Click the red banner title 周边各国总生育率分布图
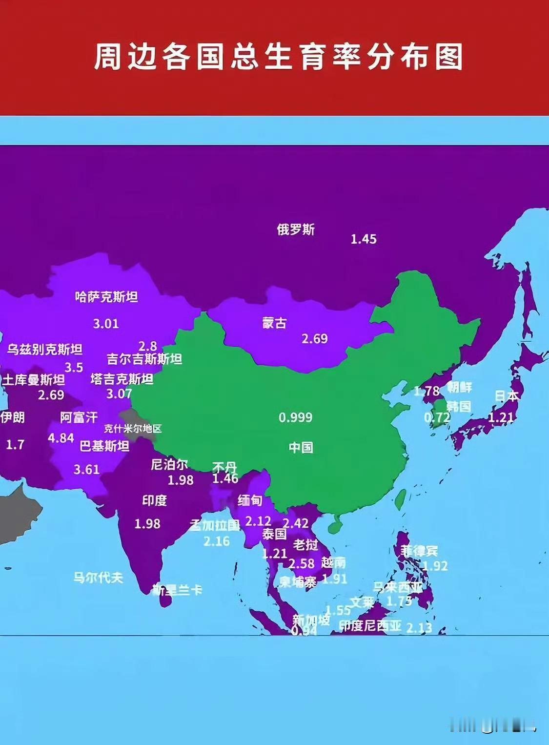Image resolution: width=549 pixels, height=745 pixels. click(x=278, y=57)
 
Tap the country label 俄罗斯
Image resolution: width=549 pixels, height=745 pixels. click(x=296, y=229)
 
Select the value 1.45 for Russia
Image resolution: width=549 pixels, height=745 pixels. click(x=364, y=239)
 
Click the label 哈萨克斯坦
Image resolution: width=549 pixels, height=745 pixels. click(x=106, y=296)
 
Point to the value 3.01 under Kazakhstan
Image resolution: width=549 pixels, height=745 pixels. click(x=106, y=323)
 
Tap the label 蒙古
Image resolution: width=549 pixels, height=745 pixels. click(x=274, y=323)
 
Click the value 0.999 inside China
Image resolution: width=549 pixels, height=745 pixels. click(x=295, y=417)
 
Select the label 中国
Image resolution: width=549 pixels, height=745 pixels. click(x=301, y=447)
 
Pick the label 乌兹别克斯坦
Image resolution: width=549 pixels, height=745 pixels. click(x=44, y=349)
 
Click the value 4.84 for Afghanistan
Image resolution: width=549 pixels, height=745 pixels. click(x=61, y=438)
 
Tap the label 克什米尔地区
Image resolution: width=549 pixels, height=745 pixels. click(x=132, y=429)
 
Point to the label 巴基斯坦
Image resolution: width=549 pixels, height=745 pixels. click(x=104, y=446)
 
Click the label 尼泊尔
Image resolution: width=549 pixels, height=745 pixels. click(x=169, y=464)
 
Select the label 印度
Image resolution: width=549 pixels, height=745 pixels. click(x=154, y=500)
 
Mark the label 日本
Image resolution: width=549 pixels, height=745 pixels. click(x=507, y=395)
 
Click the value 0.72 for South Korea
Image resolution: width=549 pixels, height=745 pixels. click(x=437, y=417)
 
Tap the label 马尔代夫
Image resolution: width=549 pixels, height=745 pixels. click(x=98, y=578)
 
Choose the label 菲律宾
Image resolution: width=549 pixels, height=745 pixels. click(x=419, y=551)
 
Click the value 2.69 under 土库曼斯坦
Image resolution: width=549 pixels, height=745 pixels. click(x=51, y=394)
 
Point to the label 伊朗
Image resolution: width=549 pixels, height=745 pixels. click(x=12, y=417)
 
